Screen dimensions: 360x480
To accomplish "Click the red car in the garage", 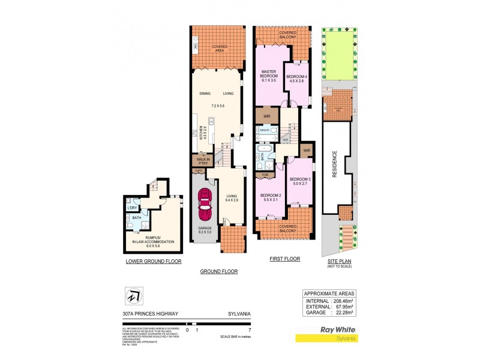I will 205,205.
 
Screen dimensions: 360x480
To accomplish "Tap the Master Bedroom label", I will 268,77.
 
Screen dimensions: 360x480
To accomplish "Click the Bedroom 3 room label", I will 300,182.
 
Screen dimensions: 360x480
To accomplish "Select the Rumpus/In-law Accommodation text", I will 154,239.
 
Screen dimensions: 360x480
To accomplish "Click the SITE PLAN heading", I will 339,260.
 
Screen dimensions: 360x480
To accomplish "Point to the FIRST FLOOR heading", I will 283,259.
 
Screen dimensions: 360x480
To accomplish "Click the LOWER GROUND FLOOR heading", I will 154,262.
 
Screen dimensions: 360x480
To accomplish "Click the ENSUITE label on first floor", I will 263,130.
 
